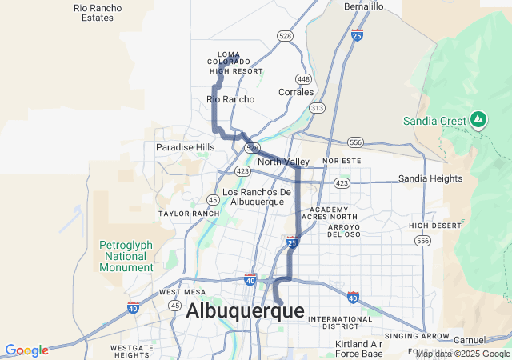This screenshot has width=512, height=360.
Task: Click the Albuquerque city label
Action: pos(245,311)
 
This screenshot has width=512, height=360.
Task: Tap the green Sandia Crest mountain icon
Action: pos(478,120)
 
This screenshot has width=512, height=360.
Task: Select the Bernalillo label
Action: pos(364,6)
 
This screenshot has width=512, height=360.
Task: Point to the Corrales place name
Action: pos(296,92)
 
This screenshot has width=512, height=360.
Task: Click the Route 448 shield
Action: pos(303,79)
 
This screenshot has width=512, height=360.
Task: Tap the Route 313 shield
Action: pos(318,107)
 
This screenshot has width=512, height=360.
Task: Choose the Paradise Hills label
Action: pos(185,147)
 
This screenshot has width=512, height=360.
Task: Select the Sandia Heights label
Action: pos(430,178)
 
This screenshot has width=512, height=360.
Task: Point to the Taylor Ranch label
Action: pos(189,214)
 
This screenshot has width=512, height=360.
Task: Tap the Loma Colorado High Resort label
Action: pos(235,62)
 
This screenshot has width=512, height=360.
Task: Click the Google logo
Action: pos(26,350)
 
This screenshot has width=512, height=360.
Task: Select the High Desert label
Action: pos(435,226)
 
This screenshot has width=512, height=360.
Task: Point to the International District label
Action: pos(340,323)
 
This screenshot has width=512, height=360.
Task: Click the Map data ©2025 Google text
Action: pos(462,354)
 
